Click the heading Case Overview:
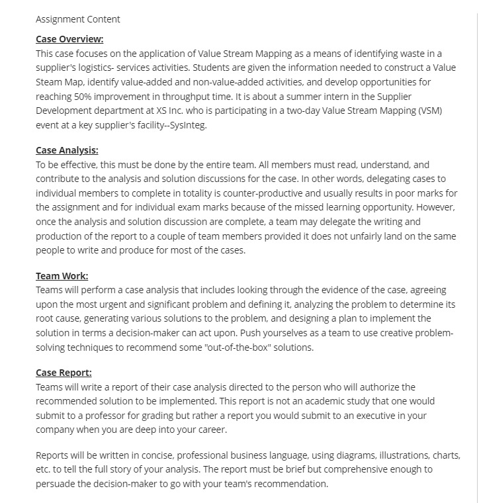click(69, 39)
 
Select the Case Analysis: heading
click(67, 151)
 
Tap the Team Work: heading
click(62, 276)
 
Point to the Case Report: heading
click(64, 373)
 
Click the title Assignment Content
click(78, 19)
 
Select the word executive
click(383, 415)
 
